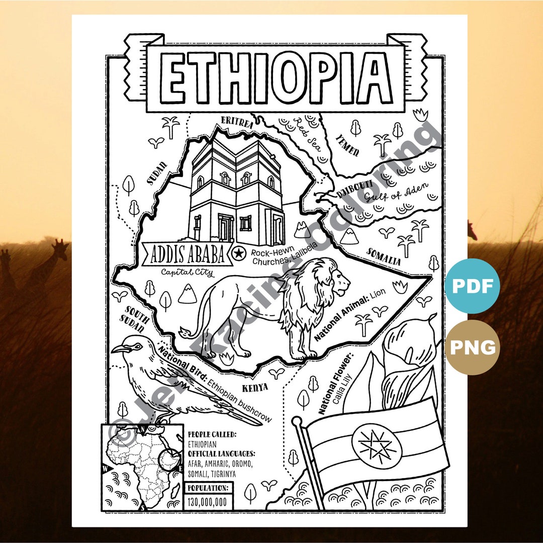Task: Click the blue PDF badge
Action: [472, 286]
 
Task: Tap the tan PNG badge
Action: [472, 347]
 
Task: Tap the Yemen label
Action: [347, 145]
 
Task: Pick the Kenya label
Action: [255, 388]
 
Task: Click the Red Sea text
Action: [308, 135]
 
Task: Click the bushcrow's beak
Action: [119, 348]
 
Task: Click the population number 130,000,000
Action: [207, 501]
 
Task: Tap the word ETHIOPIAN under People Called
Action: [202, 444]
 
